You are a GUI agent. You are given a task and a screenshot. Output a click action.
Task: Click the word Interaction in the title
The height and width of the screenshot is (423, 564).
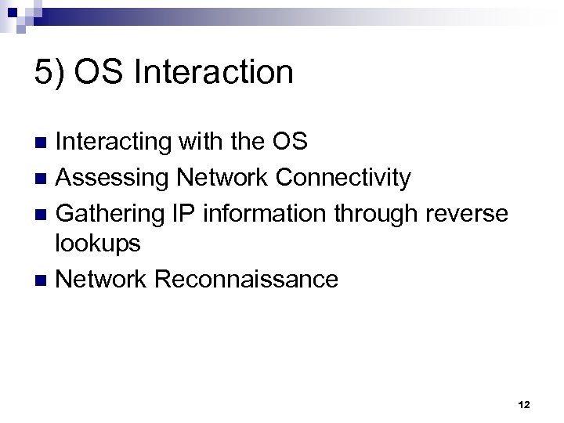[x=214, y=73]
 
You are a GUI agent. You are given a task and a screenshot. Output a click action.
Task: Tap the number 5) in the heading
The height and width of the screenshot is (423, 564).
[x=49, y=73]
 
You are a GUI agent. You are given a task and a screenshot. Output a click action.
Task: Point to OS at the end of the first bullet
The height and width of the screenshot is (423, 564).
[x=288, y=143]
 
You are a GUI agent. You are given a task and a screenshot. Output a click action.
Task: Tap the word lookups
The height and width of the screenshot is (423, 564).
[x=98, y=244]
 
